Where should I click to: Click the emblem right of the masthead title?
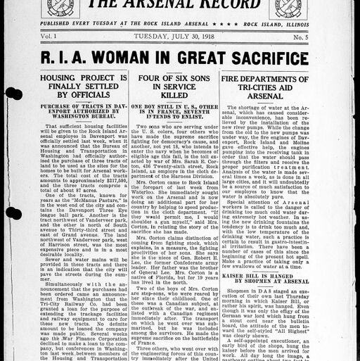(x=292, y=6)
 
